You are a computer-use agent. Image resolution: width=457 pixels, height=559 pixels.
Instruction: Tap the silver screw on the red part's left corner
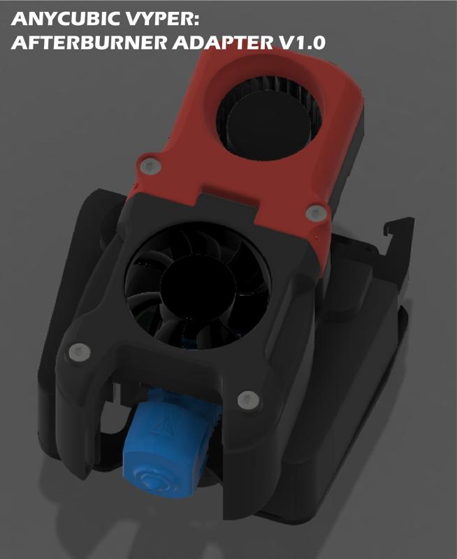click(x=148, y=166)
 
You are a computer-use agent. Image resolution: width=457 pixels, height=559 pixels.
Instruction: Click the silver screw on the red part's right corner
click(x=314, y=211)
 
